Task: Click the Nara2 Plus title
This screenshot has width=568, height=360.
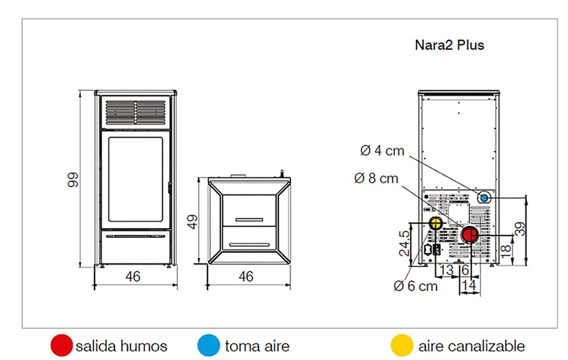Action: (x=449, y=45)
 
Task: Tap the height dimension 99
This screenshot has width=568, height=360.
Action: (x=73, y=180)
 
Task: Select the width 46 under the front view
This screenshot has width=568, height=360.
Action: (x=133, y=277)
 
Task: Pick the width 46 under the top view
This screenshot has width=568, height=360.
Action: (x=246, y=277)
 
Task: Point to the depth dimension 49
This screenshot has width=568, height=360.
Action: (x=192, y=222)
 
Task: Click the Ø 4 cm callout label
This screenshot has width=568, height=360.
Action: (x=382, y=151)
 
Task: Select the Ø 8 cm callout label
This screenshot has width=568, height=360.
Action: (x=376, y=178)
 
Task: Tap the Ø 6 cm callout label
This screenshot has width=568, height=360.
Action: (x=415, y=286)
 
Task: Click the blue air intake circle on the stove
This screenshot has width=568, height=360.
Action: (x=484, y=198)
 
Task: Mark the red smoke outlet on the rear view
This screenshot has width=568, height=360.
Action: (x=470, y=235)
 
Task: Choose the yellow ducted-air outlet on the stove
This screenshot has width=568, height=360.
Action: (x=435, y=223)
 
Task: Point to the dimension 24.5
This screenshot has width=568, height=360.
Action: (x=404, y=244)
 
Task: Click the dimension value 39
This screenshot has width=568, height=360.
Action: (x=520, y=229)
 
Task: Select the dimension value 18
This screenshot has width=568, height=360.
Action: (x=506, y=249)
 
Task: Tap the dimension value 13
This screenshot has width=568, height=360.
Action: (x=447, y=270)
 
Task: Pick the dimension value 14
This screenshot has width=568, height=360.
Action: (x=469, y=285)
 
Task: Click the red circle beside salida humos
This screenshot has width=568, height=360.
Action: (x=62, y=345)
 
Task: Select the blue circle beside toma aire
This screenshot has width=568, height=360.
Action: (x=209, y=345)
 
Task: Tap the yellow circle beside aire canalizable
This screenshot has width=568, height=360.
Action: (x=402, y=345)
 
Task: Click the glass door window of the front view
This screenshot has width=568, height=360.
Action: (x=136, y=179)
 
